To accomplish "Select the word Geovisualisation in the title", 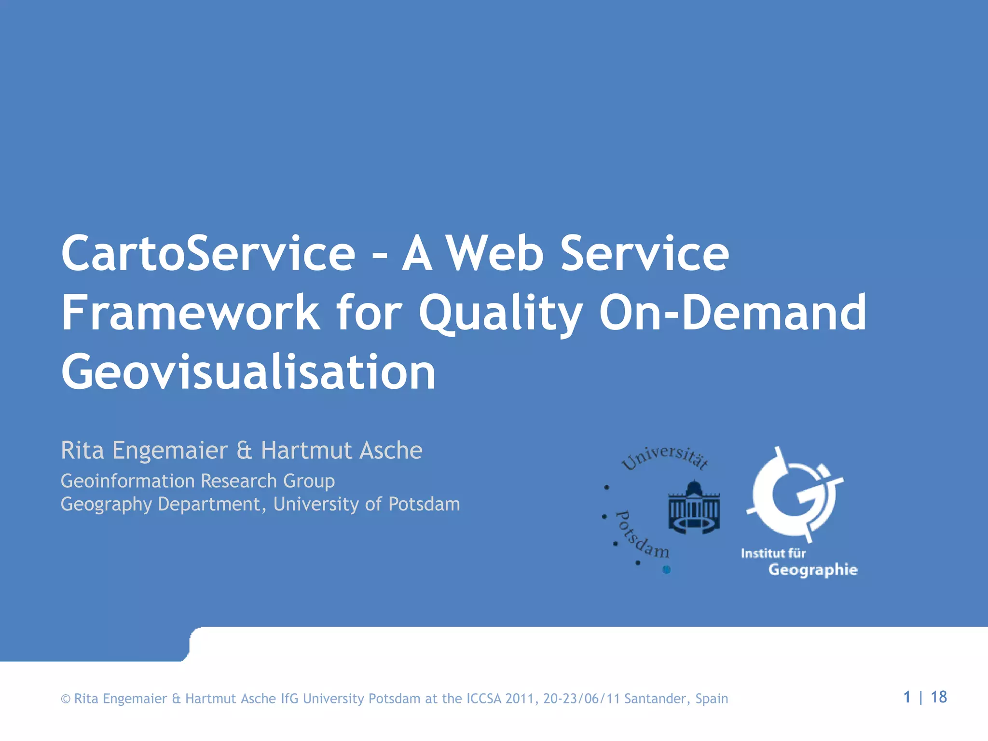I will pos(248,372).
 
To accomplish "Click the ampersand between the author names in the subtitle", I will pos(245,451).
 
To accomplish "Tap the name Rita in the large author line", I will pos(82,451).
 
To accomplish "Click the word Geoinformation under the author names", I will pos(127,481).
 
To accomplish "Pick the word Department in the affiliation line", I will pos(209,505).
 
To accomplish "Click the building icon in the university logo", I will pos(694,507).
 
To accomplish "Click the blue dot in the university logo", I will pos(667,570).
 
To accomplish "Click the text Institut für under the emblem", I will pos(773,553).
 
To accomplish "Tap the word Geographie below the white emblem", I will pos(813,570).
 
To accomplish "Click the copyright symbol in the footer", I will pos(66,699).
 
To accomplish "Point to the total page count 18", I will pos(938,697).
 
